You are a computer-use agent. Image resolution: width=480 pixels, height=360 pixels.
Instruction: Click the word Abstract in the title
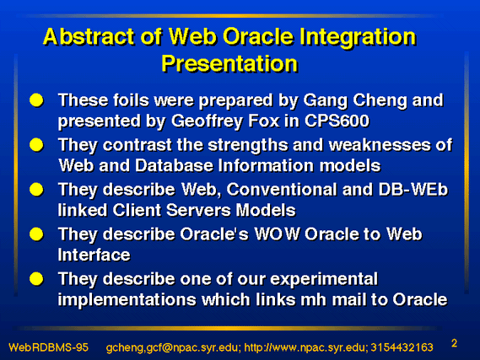click(89, 37)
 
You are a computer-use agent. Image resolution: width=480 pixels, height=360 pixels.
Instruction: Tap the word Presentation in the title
click(229, 64)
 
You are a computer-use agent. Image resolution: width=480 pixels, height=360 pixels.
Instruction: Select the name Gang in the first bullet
click(326, 101)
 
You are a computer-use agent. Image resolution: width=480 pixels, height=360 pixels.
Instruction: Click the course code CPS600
click(337, 121)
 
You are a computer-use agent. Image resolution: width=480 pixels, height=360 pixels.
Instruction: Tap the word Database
click(174, 166)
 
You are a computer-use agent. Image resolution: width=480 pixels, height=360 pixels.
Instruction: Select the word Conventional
click(282, 190)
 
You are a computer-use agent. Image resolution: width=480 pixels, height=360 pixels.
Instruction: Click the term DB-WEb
click(413, 190)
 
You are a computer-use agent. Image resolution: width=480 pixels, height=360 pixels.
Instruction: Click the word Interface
click(94, 255)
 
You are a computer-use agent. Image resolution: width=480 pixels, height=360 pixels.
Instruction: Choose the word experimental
click(324, 280)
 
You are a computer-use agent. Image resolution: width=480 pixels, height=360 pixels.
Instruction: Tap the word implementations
click(127, 300)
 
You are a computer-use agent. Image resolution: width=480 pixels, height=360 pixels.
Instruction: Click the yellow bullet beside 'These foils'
click(36, 100)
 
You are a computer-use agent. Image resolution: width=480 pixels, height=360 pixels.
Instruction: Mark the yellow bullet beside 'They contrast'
click(36, 145)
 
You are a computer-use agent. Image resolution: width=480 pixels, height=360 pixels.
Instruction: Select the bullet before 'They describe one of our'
click(36, 279)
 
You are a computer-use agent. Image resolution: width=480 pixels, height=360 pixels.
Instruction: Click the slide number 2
click(455, 343)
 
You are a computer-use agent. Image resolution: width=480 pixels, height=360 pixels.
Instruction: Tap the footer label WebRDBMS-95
click(49, 347)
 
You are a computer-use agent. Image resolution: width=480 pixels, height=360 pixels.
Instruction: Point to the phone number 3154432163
click(402, 347)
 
